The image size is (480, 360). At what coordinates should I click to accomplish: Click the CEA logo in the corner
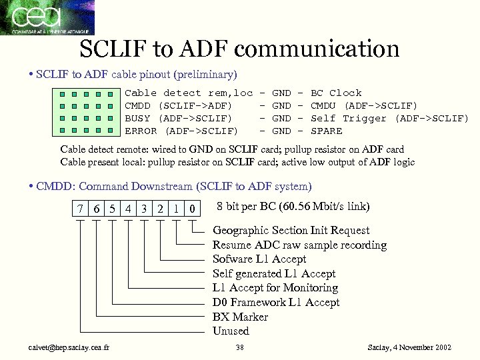47,17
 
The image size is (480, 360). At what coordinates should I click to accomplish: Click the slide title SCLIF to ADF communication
239,49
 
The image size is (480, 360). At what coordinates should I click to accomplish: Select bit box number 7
80,209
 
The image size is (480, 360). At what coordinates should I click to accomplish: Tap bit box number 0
192,209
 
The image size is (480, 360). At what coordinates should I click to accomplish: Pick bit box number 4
128,209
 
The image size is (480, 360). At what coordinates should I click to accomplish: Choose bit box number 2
160,209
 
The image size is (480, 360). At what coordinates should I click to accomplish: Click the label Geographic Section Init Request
291,231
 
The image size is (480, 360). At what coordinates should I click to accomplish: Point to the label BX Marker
240,317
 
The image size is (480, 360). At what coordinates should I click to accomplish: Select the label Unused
231,331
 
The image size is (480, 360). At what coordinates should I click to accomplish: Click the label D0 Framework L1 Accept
276,303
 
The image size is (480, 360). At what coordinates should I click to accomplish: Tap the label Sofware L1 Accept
259,259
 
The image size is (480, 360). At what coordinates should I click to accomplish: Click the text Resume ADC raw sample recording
299,245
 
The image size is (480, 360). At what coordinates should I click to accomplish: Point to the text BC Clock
336,93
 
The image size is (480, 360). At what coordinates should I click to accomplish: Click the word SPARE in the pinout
327,131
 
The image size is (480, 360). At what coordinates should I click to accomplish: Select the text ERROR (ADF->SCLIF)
181,131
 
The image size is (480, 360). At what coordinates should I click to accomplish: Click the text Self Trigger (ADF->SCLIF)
390,119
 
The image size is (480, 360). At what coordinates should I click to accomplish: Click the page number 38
241,348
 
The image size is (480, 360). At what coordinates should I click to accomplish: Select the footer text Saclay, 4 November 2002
409,348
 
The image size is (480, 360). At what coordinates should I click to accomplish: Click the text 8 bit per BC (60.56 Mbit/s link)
293,207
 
